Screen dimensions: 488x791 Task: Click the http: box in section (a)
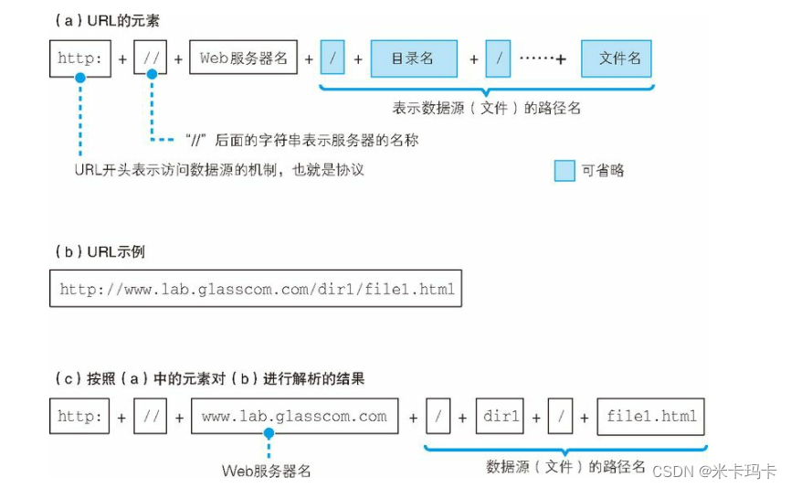[80, 59]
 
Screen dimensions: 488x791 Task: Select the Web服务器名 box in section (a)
[244, 59]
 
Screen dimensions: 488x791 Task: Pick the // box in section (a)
[151, 59]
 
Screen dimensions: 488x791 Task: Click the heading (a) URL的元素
[103, 18]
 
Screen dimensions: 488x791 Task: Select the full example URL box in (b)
[257, 289]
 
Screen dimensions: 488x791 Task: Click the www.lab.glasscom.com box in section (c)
[294, 416]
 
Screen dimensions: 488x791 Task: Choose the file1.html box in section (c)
[651, 416]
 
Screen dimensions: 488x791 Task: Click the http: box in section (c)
[80, 416]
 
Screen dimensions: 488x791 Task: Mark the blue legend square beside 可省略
[564, 170]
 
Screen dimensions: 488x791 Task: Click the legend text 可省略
[603, 170]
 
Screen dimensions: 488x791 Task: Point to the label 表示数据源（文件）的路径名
[486, 108]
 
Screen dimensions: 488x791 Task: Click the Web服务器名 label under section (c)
[267, 471]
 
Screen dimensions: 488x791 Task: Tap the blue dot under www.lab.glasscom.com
[269, 434]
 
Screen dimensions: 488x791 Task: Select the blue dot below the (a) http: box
[80, 79]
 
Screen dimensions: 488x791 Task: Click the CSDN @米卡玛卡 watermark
[713, 471]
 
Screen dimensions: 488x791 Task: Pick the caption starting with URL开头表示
[219, 170]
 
